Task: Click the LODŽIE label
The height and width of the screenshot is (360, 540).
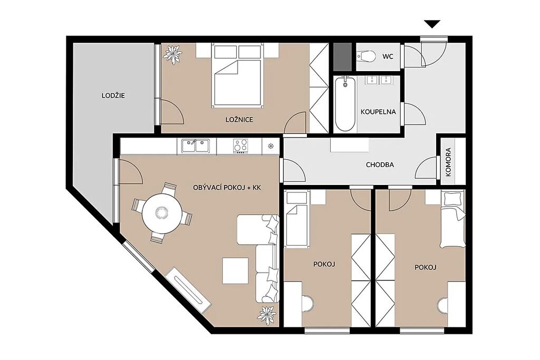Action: pos(113,96)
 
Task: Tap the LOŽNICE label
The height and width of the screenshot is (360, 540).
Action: pos(239,120)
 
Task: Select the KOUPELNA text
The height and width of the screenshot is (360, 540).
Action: pos(378,112)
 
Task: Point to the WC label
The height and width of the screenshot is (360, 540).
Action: pos(388,56)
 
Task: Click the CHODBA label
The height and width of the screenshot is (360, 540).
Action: pos(380,164)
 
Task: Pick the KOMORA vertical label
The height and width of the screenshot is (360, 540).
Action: pos(448,162)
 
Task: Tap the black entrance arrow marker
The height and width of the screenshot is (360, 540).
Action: pos(432,24)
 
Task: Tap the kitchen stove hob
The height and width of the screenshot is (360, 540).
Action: pos(240,146)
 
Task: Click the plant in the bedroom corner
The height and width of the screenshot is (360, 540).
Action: pos(172,54)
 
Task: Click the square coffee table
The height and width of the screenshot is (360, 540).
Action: pos(235,270)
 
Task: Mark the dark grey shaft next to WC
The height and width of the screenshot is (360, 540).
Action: pos(343,56)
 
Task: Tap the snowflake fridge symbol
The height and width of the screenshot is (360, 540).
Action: pos(271,146)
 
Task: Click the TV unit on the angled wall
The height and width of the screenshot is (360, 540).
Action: pos(188,288)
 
